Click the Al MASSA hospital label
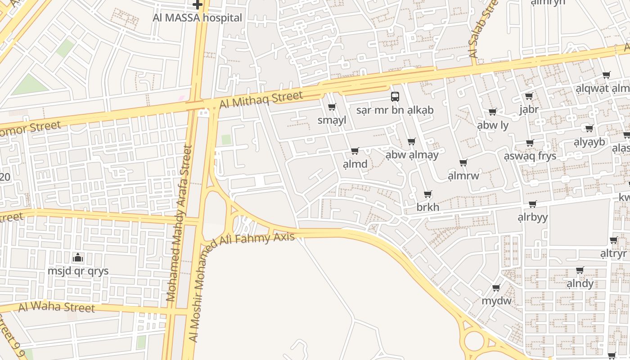click(x=198, y=18)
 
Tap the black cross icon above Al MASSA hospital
click(x=197, y=5)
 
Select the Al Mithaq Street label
click(x=261, y=99)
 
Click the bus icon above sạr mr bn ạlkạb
click(x=395, y=96)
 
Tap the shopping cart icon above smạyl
click(x=332, y=107)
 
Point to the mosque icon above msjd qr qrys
click(x=78, y=258)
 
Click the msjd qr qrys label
click(x=78, y=271)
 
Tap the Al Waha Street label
click(x=57, y=307)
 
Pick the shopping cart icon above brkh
click(x=427, y=194)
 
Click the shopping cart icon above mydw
click(x=496, y=288)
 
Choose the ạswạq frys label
click(x=530, y=156)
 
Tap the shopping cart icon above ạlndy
click(x=580, y=270)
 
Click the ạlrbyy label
click(x=532, y=217)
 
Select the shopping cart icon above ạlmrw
click(x=463, y=162)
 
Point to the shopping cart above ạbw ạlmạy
click(x=411, y=142)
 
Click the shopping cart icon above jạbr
click(x=529, y=96)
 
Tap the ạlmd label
click(x=355, y=164)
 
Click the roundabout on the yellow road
click(x=474, y=341)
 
